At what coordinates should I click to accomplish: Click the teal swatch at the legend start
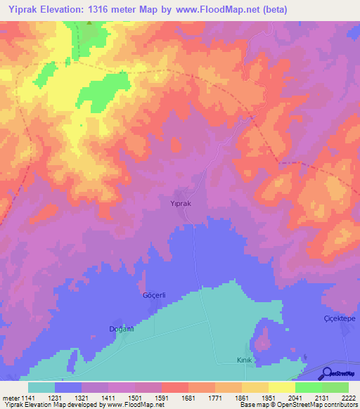click(41, 387)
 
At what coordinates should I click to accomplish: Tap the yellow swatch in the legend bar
click(281, 387)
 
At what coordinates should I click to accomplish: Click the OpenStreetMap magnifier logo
click(326, 373)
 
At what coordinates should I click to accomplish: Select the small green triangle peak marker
click(89, 23)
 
